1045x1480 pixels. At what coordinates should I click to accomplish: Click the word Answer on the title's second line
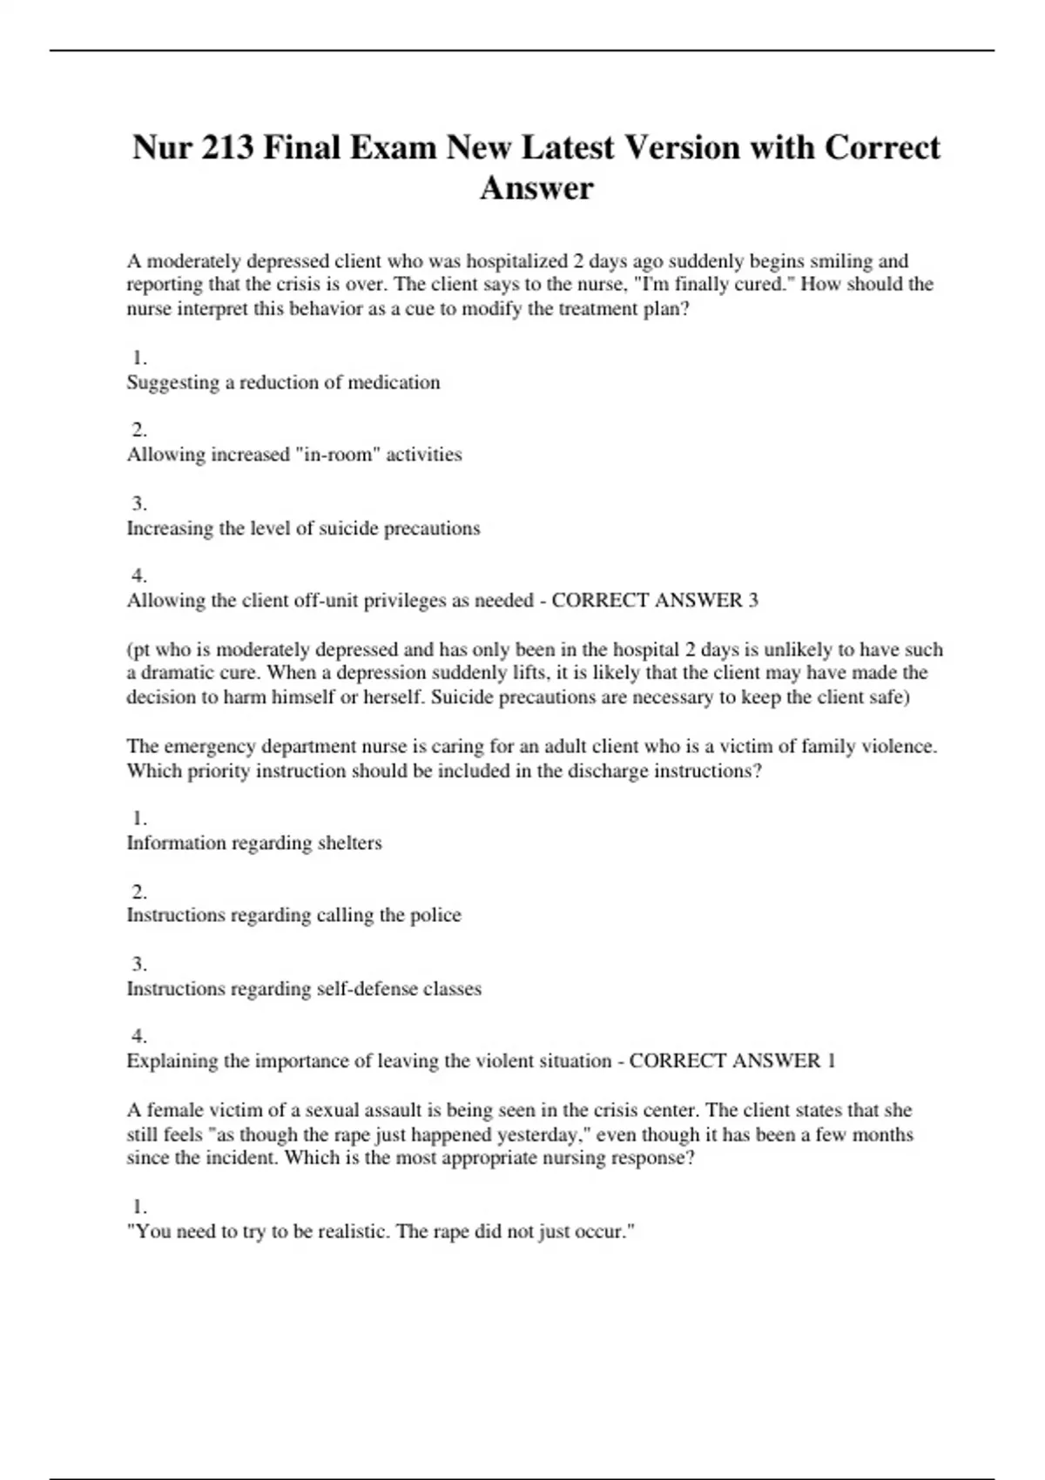pyautogui.click(x=536, y=188)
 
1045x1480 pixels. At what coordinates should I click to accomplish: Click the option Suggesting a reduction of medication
pyautogui.click(x=283, y=382)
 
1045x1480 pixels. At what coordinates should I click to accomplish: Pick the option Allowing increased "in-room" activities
pyautogui.click(x=294, y=454)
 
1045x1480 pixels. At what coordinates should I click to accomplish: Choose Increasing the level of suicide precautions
pyautogui.click(x=303, y=528)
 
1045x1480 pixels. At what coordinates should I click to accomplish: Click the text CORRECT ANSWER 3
pyautogui.click(x=655, y=601)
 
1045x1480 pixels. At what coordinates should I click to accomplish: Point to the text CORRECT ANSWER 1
pyautogui.click(x=732, y=1061)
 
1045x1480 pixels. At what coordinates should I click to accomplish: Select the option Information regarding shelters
pyautogui.click(x=254, y=843)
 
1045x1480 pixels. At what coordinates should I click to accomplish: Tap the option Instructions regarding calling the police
pyautogui.click(x=293, y=915)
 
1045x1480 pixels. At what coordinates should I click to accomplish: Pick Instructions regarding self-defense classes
pyautogui.click(x=304, y=989)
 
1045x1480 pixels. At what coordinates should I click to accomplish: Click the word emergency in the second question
pyautogui.click(x=209, y=747)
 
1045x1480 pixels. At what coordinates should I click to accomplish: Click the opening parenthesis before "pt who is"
pyautogui.click(x=130, y=650)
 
